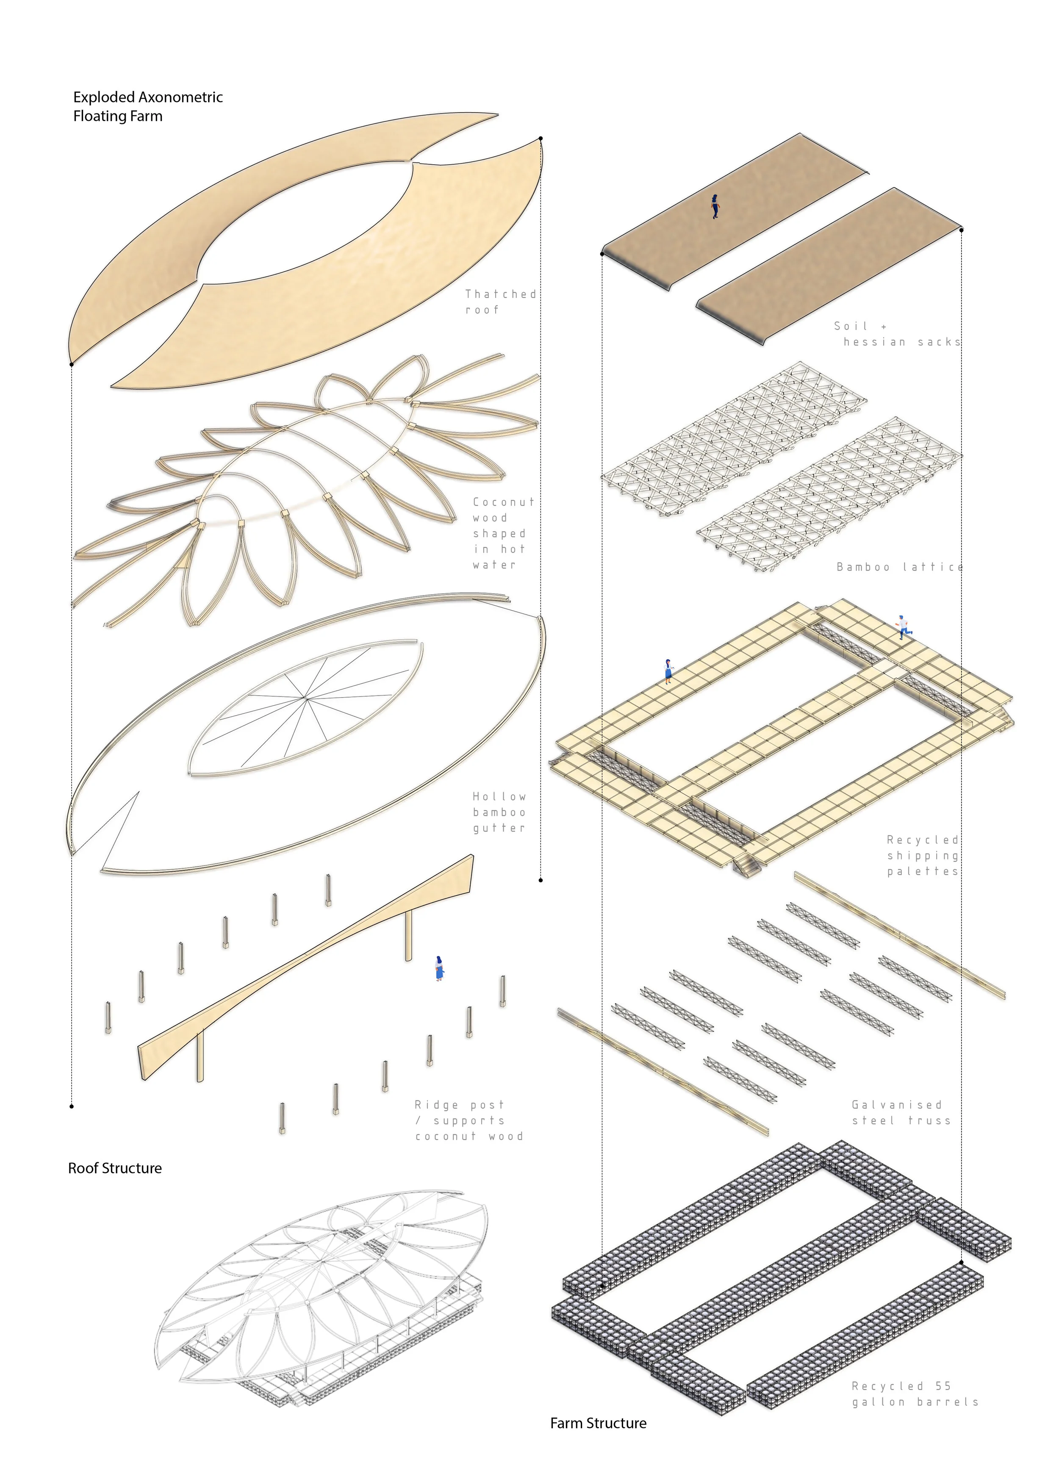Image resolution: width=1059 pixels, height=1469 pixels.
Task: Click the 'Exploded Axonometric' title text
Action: [x=148, y=97]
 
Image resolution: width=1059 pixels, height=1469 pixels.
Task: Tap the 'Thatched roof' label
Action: [x=500, y=302]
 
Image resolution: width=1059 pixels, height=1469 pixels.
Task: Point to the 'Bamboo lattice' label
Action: [x=899, y=567]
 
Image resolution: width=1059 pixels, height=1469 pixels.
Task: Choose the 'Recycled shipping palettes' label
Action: [x=922, y=856]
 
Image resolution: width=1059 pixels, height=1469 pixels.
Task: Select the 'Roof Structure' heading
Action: [x=115, y=1168]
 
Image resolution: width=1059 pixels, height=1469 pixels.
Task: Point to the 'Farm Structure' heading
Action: [x=598, y=1423]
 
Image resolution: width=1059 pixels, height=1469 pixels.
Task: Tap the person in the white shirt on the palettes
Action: [x=904, y=626]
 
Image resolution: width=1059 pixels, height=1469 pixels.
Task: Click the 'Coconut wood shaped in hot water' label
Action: [x=503, y=534]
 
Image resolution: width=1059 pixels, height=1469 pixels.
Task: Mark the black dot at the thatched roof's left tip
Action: [x=71, y=364]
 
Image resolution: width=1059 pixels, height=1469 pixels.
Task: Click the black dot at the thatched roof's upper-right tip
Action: [x=541, y=138]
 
